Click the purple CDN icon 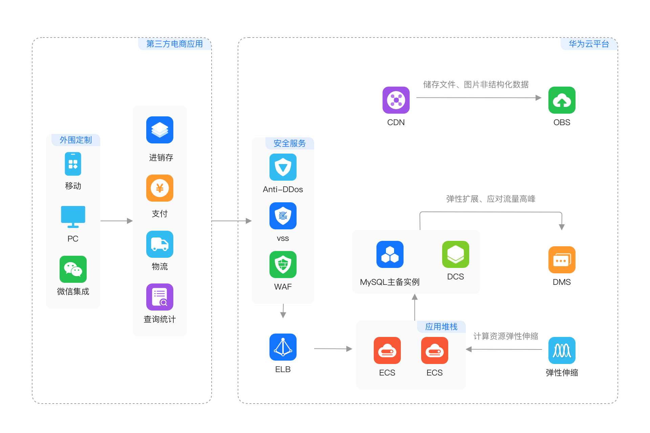(x=396, y=100)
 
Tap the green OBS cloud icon (x=562, y=100)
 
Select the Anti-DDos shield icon (x=283, y=167)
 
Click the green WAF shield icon (x=283, y=265)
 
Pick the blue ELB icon (x=283, y=347)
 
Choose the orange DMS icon (x=562, y=260)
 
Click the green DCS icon (x=455, y=254)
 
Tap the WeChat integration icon (x=73, y=269)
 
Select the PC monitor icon (x=73, y=216)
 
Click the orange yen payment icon (x=159, y=188)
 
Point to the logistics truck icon (x=159, y=244)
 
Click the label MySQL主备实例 (x=390, y=282)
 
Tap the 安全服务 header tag (x=289, y=143)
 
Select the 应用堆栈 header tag (x=441, y=326)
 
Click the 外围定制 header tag (x=75, y=140)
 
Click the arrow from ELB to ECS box (x=333, y=349)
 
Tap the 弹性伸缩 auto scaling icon (x=562, y=350)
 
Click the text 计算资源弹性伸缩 (x=505, y=336)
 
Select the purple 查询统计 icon (x=159, y=297)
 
